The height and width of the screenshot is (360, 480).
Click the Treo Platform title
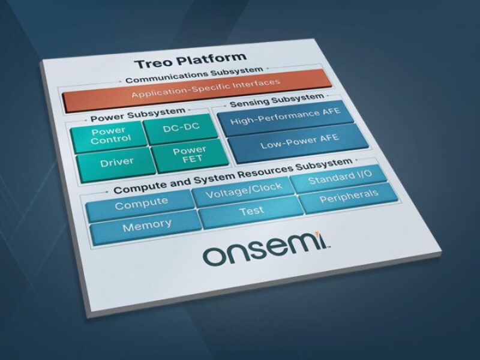tap(190, 61)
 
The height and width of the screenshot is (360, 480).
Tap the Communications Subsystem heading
tap(194, 76)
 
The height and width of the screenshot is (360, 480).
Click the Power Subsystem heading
tap(138, 114)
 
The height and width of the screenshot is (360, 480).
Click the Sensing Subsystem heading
tap(277, 100)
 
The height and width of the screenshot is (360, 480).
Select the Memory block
tap(147, 227)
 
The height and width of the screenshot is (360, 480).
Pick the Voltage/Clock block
tap(244, 190)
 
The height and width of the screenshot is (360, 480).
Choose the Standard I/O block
tap(340, 178)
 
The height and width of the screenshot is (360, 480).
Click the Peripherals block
tap(349, 197)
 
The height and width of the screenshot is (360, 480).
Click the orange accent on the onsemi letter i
tap(319, 235)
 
